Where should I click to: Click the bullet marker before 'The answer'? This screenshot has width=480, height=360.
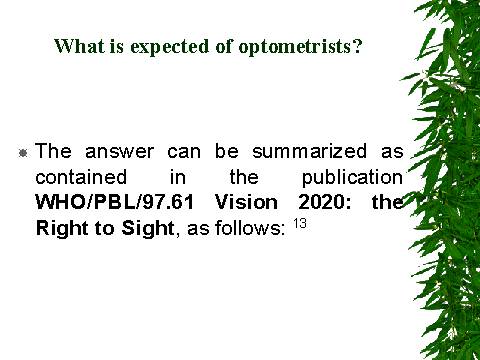point(22,152)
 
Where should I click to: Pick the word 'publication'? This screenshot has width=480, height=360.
point(352,178)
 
